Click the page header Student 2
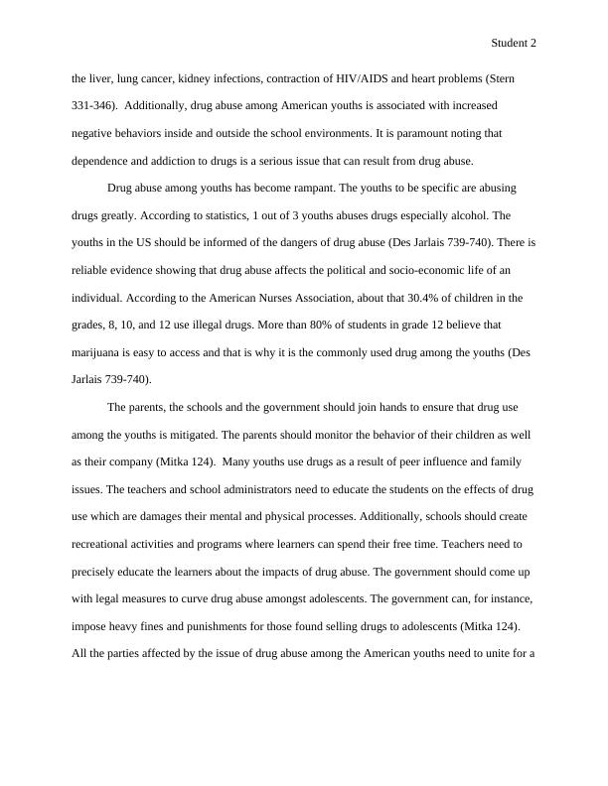pyautogui.click(x=514, y=44)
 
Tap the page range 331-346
pyautogui.click(x=90, y=104)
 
